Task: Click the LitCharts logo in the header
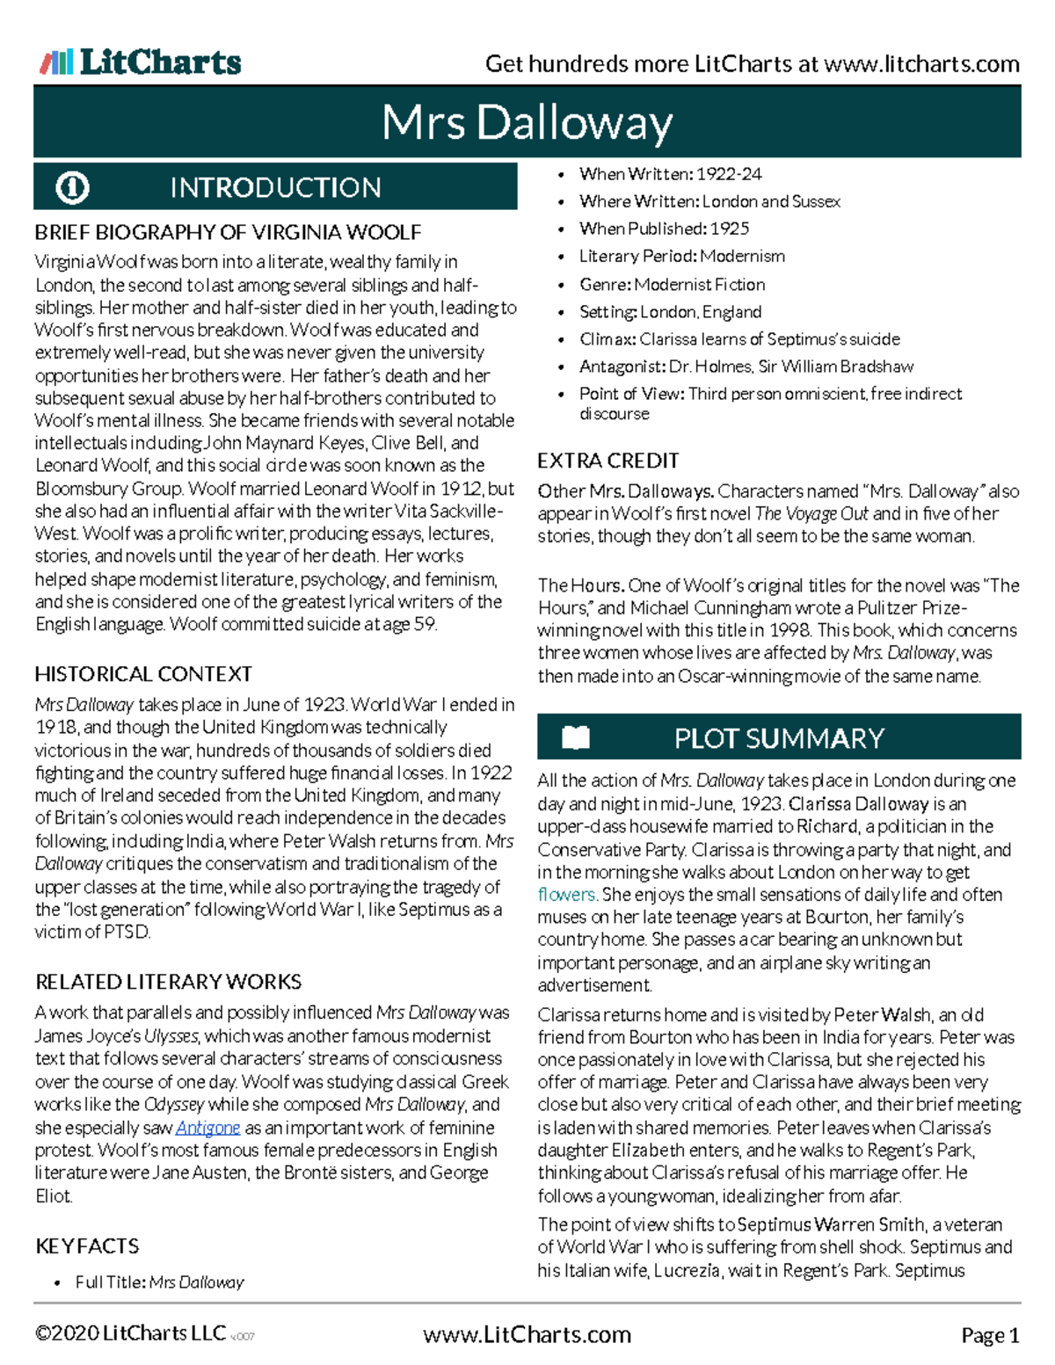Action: [x=141, y=62]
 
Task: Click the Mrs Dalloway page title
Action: [x=527, y=122]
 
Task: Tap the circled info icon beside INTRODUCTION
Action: [x=72, y=187]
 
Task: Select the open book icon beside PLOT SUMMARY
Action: [x=576, y=737]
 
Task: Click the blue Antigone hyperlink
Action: [x=207, y=1128]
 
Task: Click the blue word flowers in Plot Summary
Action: [x=566, y=895]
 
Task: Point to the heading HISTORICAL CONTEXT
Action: [x=143, y=674]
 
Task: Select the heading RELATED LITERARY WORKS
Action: [x=168, y=982]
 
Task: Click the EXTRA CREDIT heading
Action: [x=608, y=461]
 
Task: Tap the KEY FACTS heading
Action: [x=87, y=1245]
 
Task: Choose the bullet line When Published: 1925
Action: [x=664, y=229]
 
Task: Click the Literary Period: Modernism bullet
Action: [x=681, y=257]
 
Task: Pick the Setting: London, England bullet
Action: [x=670, y=312]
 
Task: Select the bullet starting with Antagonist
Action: [x=746, y=367]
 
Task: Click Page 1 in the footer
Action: [x=990, y=1336]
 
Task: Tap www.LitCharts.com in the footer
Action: [x=527, y=1335]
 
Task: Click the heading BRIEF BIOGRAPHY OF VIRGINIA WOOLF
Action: [x=228, y=232]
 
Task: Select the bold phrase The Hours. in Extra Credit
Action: [x=581, y=585]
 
